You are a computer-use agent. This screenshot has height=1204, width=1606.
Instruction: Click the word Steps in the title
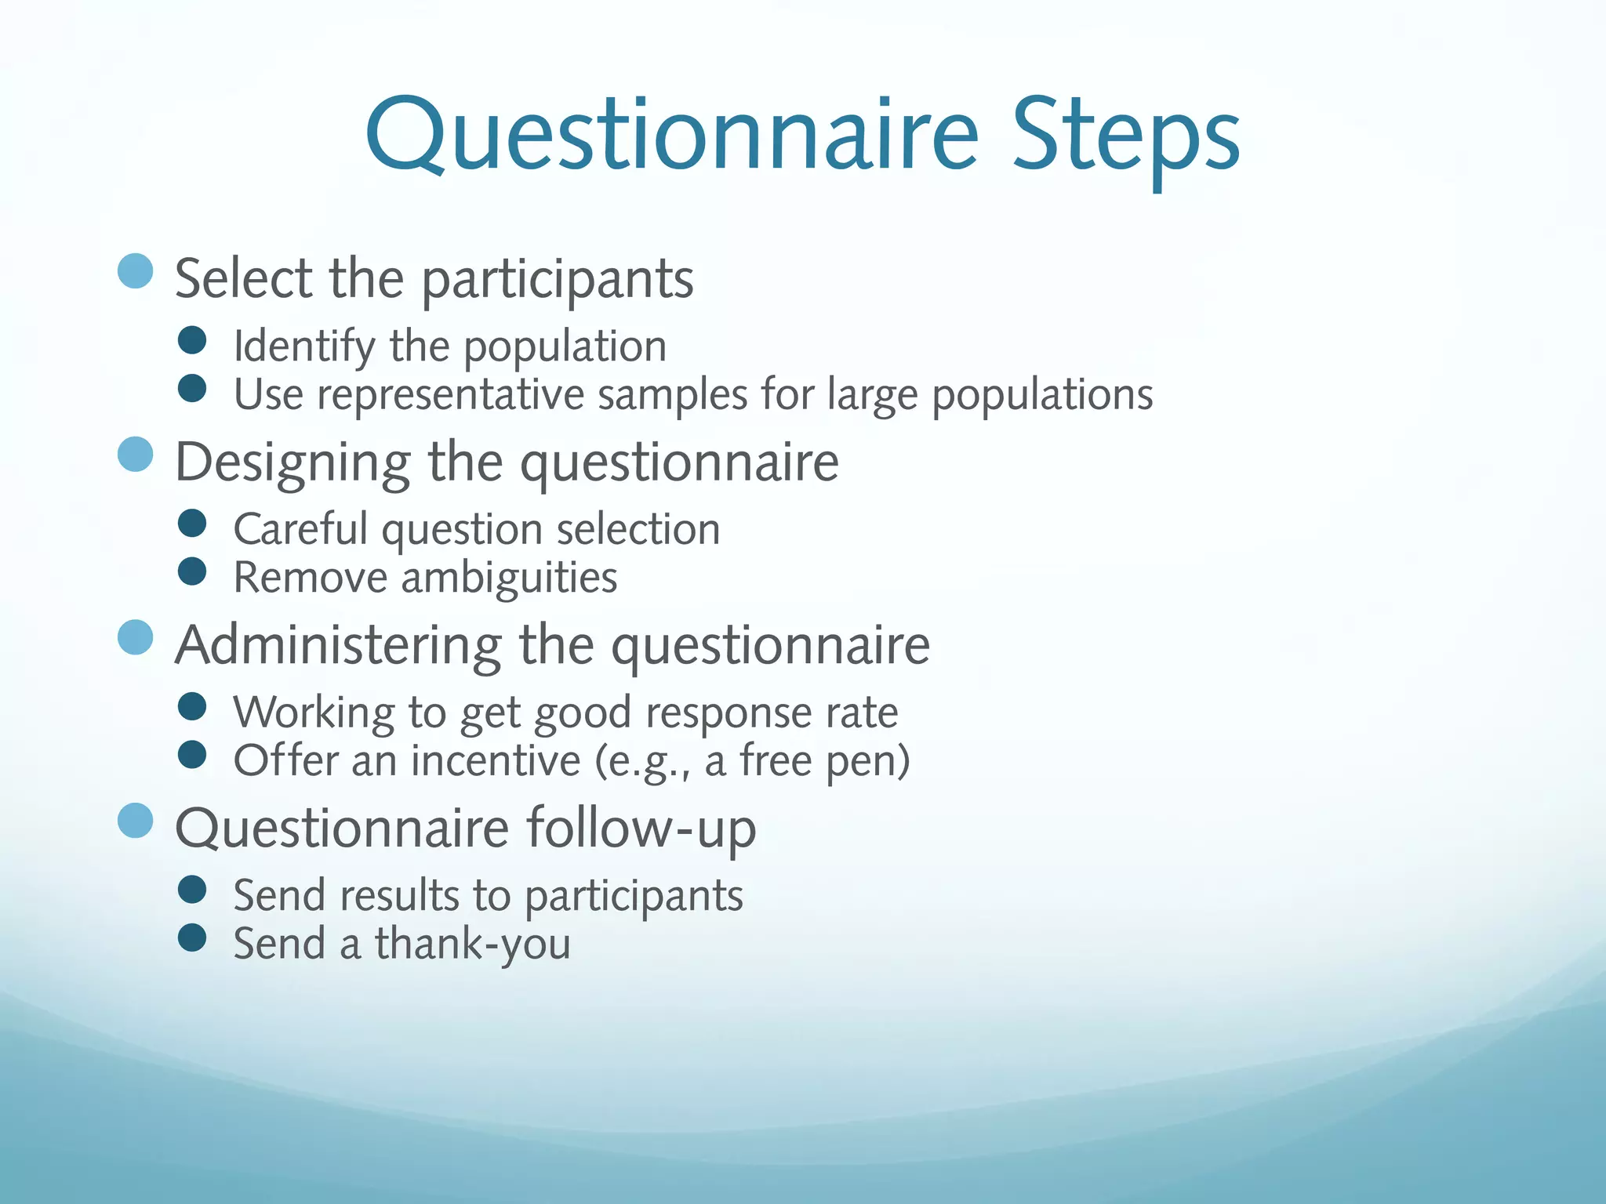(1125, 137)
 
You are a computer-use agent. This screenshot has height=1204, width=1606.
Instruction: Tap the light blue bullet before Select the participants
(135, 271)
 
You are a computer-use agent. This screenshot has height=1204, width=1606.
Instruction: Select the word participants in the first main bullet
(558, 280)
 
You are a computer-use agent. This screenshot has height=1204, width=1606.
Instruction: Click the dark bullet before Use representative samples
(191, 388)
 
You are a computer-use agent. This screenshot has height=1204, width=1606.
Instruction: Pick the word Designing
(292, 463)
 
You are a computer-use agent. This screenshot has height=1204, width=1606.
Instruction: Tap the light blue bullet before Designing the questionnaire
(135, 455)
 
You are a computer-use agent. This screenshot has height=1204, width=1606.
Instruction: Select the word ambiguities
(509, 578)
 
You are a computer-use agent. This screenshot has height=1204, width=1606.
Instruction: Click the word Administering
(338, 646)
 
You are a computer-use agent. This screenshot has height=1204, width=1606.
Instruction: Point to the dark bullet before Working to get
(191, 706)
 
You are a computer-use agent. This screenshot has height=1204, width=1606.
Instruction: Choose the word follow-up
(641, 829)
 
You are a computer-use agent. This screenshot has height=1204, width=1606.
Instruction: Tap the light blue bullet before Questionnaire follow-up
(135, 821)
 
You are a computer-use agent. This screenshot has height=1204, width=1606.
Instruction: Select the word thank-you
(472, 945)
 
